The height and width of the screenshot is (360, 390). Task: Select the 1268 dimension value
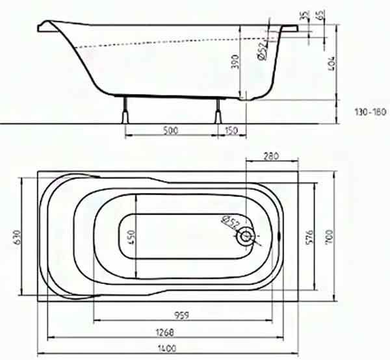[x=164, y=333]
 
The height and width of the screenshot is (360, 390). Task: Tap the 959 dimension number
[x=181, y=316]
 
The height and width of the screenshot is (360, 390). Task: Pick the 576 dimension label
[x=309, y=237]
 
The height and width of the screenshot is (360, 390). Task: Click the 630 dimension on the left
[x=17, y=238]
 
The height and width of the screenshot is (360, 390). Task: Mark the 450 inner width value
[x=131, y=237]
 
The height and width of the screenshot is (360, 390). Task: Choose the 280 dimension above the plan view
[x=271, y=157]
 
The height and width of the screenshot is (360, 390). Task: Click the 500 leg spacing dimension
[x=170, y=130]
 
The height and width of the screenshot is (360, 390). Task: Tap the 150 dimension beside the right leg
[x=231, y=131]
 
